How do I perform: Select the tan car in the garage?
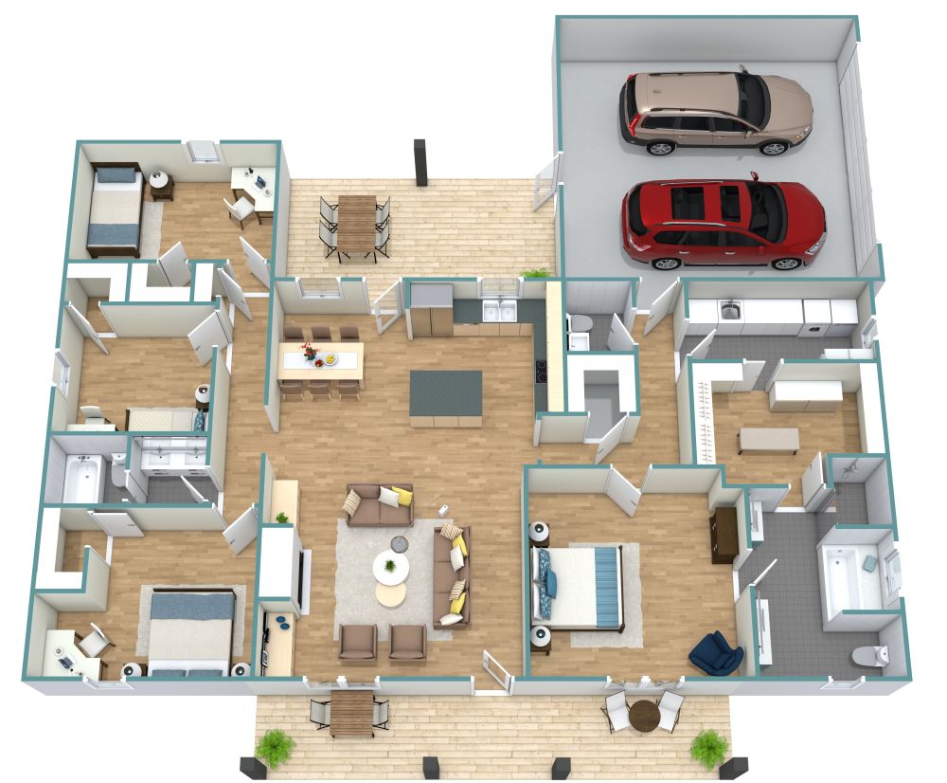point(715,111)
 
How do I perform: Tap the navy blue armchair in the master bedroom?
point(716,653)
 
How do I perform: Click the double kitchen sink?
point(498,311)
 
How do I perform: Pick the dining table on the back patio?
point(356,223)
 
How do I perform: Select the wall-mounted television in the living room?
point(305,580)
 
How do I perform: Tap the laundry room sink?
point(729,308)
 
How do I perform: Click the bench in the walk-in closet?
point(768,440)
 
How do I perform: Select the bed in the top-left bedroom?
point(116,210)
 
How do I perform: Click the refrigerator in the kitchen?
point(431,310)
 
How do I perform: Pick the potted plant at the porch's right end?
point(708,746)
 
